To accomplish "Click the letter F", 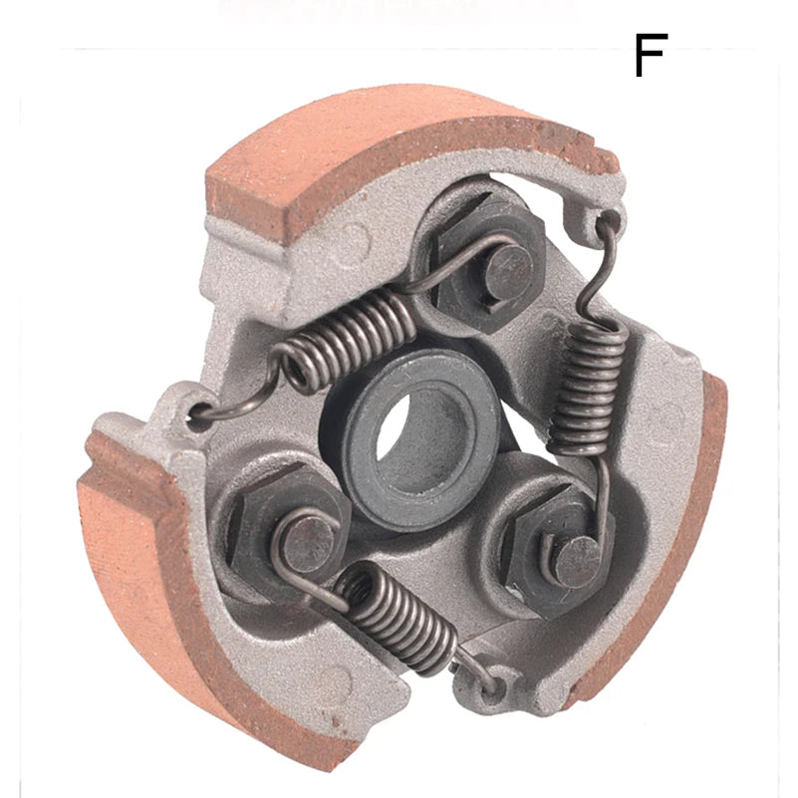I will (x=650, y=56).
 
